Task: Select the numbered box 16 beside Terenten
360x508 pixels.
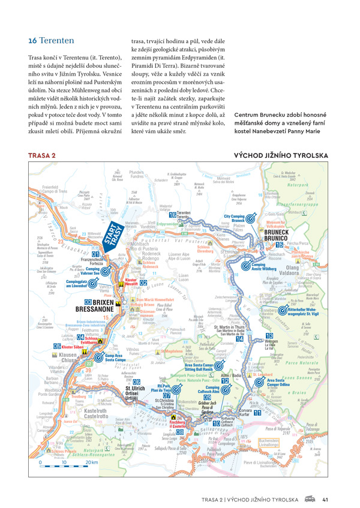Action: point(172,214)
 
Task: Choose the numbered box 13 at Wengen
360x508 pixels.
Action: point(269,336)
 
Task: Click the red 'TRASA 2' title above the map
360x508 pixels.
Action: point(43,155)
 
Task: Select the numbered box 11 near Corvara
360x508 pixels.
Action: point(257,413)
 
